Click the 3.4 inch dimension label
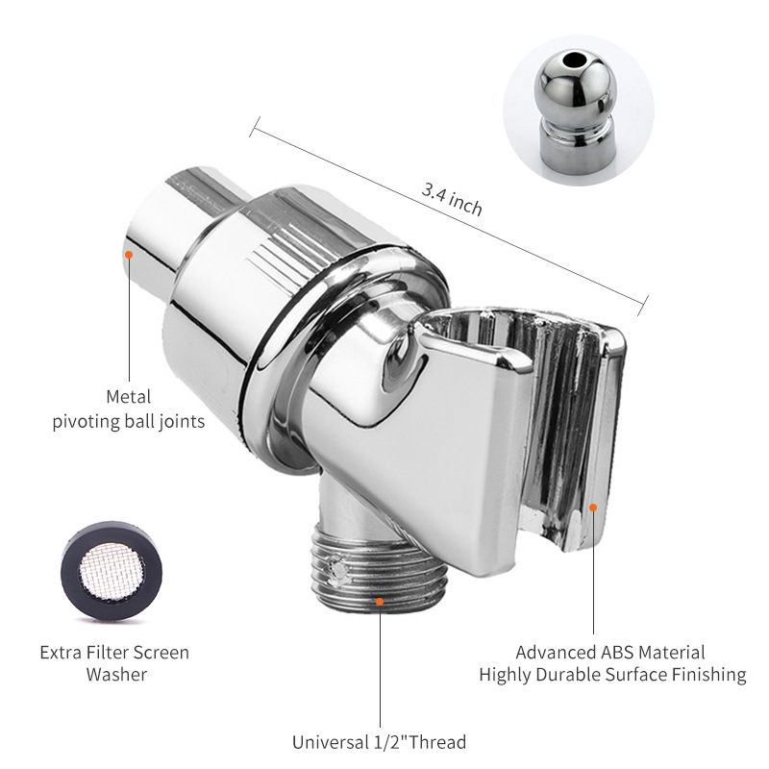click(x=452, y=199)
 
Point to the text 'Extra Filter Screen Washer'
click(x=114, y=663)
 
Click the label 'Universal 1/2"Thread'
click(x=380, y=742)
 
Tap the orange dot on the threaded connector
click(x=380, y=603)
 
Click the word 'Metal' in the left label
click(x=129, y=396)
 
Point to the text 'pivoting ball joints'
click(x=129, y=422)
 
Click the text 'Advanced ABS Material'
click(x=610, y=652)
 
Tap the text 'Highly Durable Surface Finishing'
click(x=612, y=675)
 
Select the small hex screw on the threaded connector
click(x=337, y=573)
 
